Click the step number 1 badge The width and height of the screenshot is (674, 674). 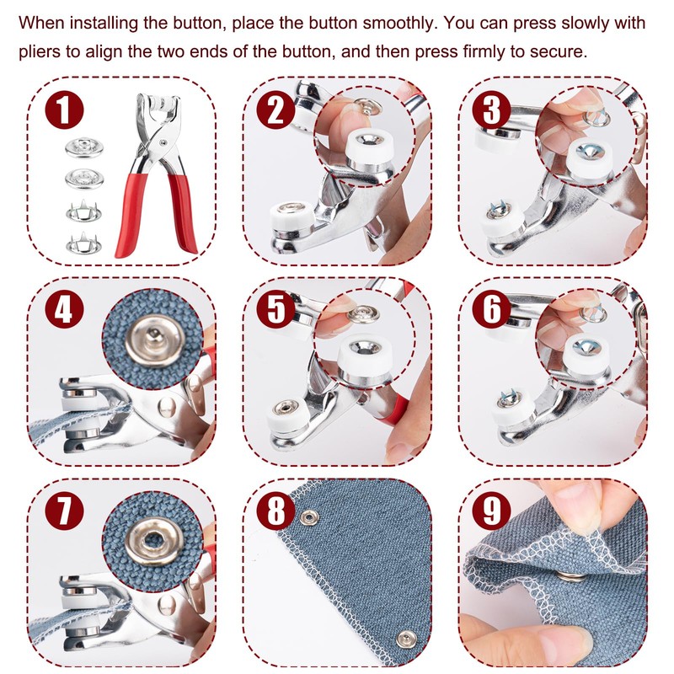tap(64, 110)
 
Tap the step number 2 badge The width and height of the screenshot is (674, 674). tap(275, 110)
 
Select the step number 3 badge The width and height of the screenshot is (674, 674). tap(491, 110)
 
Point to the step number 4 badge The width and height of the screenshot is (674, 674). tap(64, 309)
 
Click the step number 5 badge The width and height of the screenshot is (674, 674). tap(275, 309)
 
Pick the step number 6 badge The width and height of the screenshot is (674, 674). tap(491, 309)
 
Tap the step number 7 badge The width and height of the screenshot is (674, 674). tap(64, 511)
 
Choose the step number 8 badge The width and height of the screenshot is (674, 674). tap(275, 511)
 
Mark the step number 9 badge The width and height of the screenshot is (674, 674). tap(491, 511)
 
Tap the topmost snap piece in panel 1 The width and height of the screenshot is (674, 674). tap(84, 147)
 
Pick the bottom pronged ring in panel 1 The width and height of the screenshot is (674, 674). tap(83, 243)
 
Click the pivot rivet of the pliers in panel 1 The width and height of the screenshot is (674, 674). tap(163, 142)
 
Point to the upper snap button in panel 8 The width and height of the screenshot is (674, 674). tap(309, 517)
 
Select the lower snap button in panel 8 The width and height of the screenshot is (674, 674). tap(406, 639)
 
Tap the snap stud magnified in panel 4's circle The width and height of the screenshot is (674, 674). tap(153, 340)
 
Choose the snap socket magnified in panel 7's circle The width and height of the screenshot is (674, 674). tap(153, 541)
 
